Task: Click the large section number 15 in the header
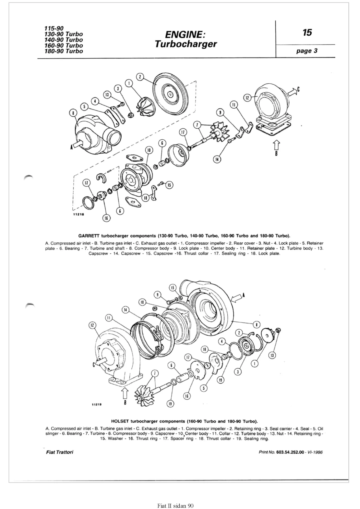click(x=307, y=33)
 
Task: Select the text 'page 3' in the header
click(x=307, y=51)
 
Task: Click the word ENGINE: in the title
click(x=185, y=34)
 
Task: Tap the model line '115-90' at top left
click(x=54, y=28)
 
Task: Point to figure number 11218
click(x=79, y=214)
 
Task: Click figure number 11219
click(x=97, y=404)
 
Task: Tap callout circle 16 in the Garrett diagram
click(x=106, y=218)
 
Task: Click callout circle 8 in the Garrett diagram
click(x=73, y=113)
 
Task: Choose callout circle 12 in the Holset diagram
click(x=92, y=325)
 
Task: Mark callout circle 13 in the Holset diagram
click(x=272, y=355)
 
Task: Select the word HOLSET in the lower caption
click(x=120, y=421)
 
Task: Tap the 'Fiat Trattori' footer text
click(x=59, y=452)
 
